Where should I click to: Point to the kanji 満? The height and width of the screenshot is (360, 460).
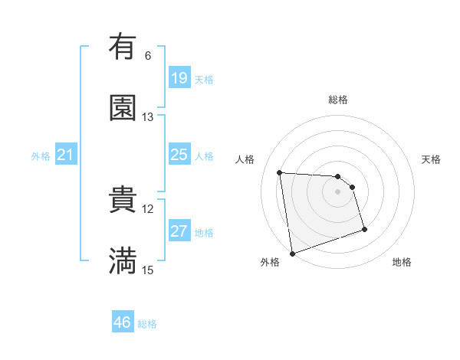tap(123, 260)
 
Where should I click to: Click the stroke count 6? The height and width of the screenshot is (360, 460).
tap(148, 56)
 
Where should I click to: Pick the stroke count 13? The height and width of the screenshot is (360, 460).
tap(148, 117)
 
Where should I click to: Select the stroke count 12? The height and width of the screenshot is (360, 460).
tap(148, 208)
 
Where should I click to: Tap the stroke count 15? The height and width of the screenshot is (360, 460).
tap(148, 270)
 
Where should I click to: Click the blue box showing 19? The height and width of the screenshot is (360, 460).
tap(179, 78)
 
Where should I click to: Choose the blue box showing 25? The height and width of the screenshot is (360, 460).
tap(179, 155)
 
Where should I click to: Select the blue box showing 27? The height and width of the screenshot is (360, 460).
tap(179, 231)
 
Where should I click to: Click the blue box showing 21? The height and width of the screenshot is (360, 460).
tap(66, 155)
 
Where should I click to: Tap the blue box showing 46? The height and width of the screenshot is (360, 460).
tap(123, 322)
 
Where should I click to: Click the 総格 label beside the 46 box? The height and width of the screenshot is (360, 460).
tap(148, 324)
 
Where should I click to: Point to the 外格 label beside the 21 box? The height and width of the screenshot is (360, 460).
tap(41, 156)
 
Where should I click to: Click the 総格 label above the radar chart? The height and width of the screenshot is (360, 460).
tap(338, 100)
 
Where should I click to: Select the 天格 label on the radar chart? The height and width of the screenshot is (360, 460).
tap(431, 159)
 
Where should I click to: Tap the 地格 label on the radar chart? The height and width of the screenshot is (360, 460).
tap(402, 263)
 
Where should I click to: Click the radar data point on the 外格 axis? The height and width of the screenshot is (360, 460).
tap(291, 253)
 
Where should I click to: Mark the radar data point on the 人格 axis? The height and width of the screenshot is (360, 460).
tap(280, 172)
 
